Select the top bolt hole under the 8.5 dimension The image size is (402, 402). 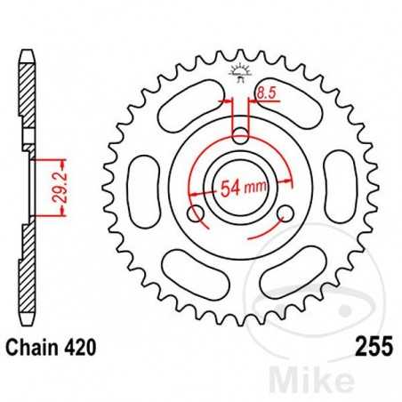pos(240,136)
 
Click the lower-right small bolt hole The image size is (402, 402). pos(284,213)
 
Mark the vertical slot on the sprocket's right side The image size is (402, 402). pos(335,186)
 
